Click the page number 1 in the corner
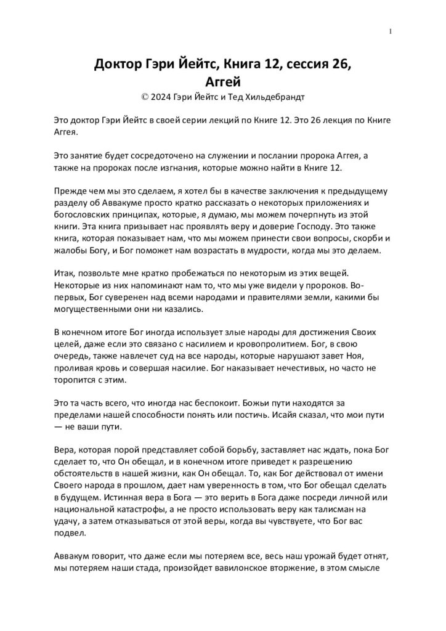point(391,32)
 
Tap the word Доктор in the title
point(120,65)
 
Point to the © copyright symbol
point(145,97)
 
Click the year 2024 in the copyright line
point(161,97)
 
